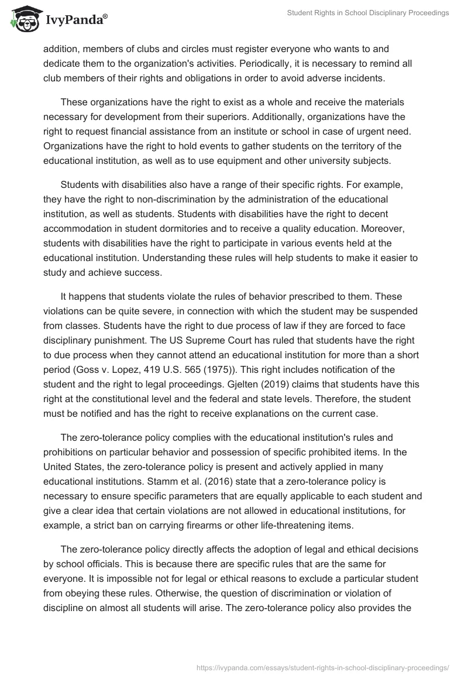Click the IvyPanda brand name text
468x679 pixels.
click(x=75, y=20)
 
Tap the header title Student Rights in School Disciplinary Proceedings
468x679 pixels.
click(x=367, y=13)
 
